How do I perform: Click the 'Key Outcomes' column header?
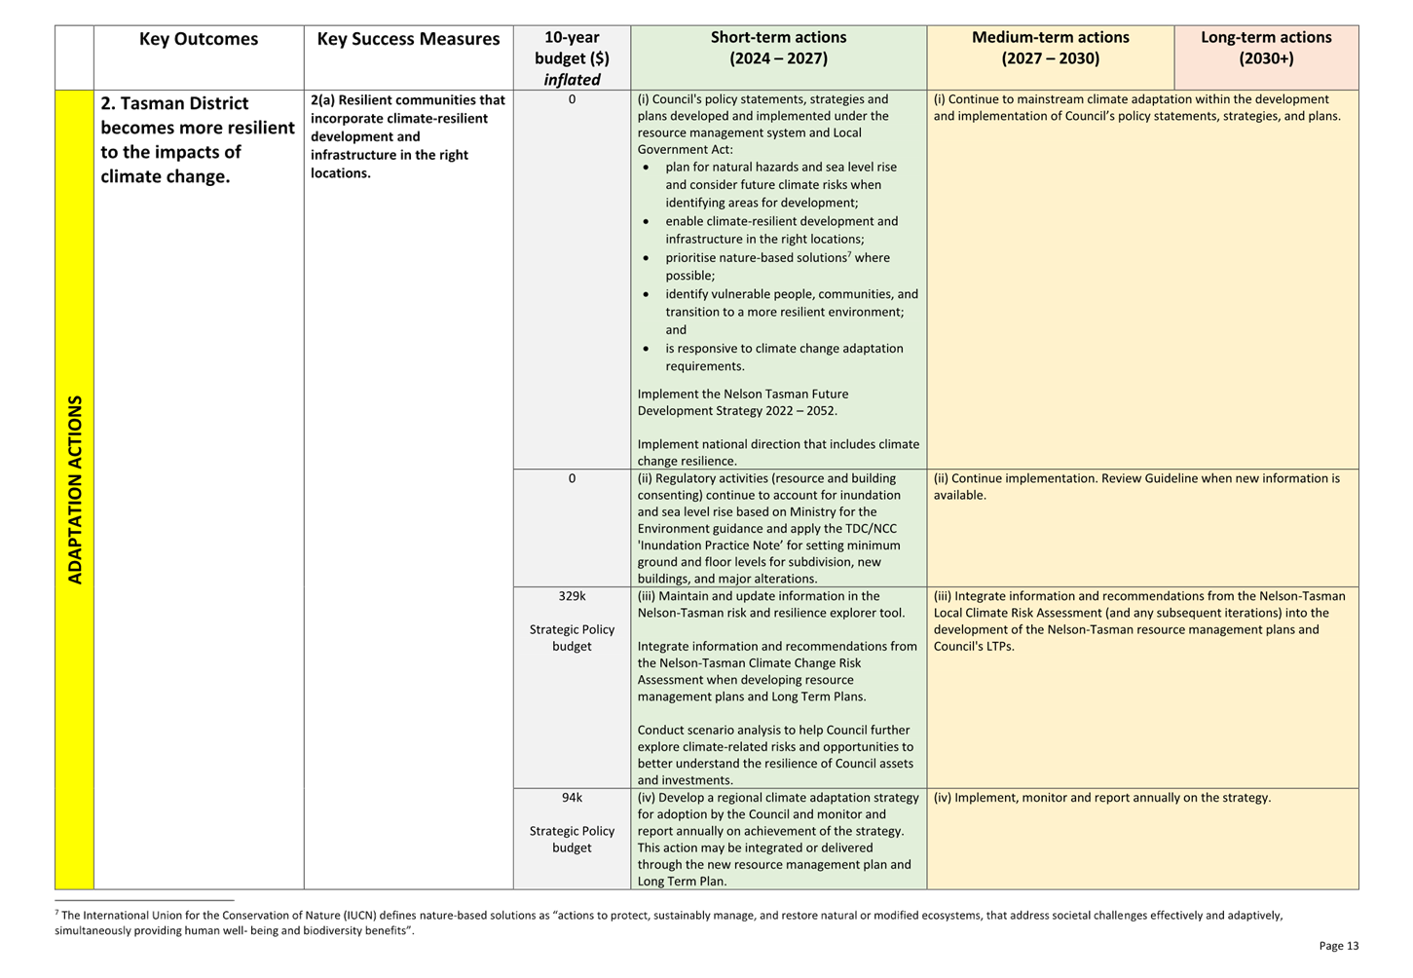[x=198, y=39]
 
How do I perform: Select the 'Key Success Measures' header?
[x=408, y=39]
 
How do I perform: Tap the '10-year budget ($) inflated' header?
[x=572, y=57]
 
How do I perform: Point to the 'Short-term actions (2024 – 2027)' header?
[x=778, y=48]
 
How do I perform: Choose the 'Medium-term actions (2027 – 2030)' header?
[x=1050, y=48]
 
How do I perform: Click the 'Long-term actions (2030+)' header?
[x=1266, y=48]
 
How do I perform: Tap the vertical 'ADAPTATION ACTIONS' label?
[x=75, y=489]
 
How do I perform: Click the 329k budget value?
[x=572, y=596]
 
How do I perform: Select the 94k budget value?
[x=572, y=798]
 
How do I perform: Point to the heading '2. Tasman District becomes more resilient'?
[x=197, y=139]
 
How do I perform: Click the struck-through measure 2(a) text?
[x=408, y=136]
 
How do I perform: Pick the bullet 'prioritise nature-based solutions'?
[x=777, y=258]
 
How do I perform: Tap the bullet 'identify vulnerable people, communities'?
[x=791, y=294]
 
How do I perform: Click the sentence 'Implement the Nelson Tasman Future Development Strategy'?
[x=743, y=402]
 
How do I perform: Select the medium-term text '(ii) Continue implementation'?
[x=1135, y=486]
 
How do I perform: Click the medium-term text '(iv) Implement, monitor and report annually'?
[x=1101, y=798]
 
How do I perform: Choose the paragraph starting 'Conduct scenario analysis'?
[x=776, y=755]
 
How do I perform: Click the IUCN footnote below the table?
[x=668, y=922]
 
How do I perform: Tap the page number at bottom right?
[x=1338, y=946]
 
